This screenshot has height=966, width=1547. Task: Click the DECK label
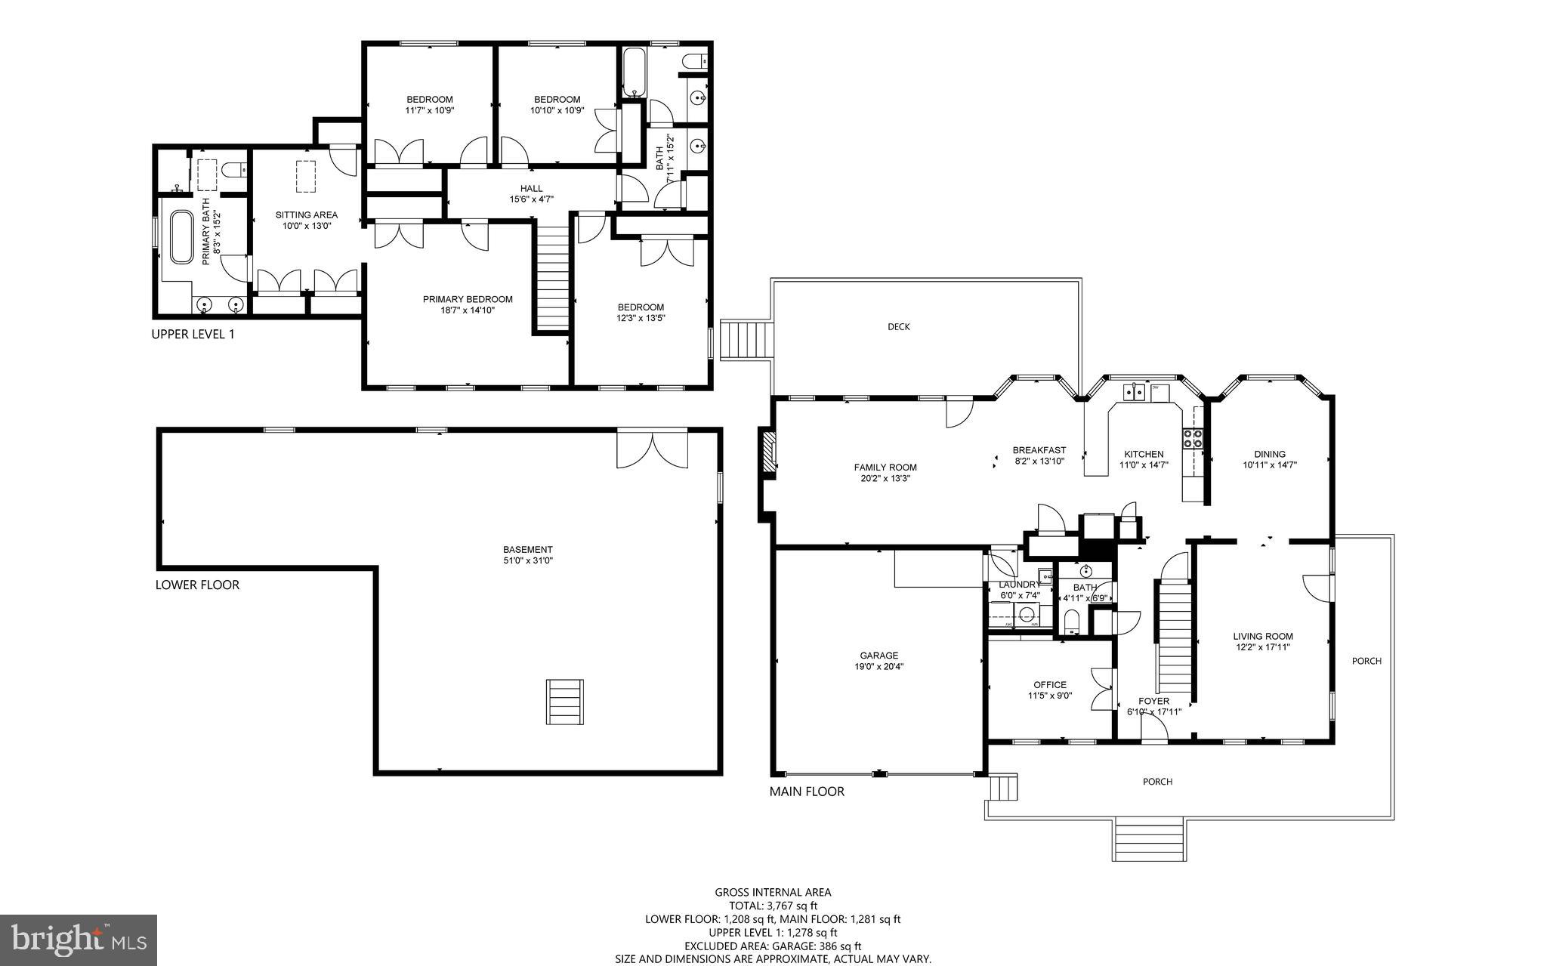click(x=898, y=327)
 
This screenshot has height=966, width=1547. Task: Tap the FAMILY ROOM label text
click(x=885, y=468)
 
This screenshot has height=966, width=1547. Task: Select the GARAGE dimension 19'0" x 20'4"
click(x=879, y=667)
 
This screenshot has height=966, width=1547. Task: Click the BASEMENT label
click(x=528, y=550)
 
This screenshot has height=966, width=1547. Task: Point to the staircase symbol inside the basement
click(x=565, y=702)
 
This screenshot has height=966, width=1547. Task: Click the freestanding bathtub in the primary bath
click(x=181, y=237)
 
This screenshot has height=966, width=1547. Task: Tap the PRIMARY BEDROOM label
click(x=468, y=299)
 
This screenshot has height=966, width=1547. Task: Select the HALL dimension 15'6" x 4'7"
click(x=531, y=200)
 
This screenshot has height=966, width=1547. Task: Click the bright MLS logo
click(x=79, y=940)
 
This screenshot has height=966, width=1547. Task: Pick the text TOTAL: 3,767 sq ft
click(x=773, y=906)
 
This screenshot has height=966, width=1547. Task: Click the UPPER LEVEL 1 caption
click(x=193, y=334)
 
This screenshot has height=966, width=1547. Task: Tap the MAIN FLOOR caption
click(x=807, y=792)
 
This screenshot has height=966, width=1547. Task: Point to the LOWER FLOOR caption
click(x=197, y=585)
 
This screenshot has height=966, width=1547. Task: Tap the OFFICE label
click(x=1050, y=685)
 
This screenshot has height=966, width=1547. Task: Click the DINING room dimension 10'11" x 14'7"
click(x=1270, y=465)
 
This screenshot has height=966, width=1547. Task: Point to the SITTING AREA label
click(x=306, y=215)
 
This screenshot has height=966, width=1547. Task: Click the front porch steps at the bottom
click(x=1149, y=839)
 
